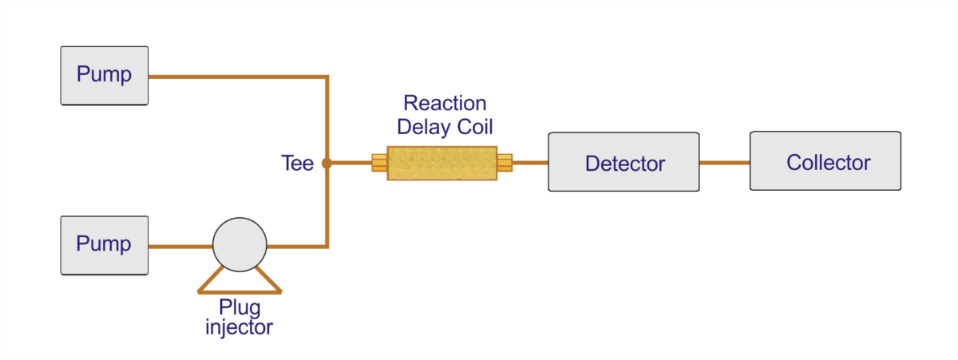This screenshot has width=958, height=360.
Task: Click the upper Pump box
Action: pos(104,75)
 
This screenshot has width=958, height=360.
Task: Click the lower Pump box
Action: pos(104,244)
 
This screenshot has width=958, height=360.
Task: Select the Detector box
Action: pos(623,163)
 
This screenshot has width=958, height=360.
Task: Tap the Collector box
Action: pos(825,161)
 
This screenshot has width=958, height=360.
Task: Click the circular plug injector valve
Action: pos(239,245)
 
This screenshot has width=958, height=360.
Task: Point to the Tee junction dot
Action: pos(327,164)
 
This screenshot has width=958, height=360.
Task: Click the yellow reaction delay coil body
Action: pos(442,163)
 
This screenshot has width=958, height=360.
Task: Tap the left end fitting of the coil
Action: pos(379,163)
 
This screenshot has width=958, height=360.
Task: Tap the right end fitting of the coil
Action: pos(505,163)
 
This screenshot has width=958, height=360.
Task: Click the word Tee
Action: pos(297,164)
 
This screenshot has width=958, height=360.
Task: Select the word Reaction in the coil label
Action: pos(445,104)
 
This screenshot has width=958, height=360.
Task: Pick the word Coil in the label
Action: pos(477,127)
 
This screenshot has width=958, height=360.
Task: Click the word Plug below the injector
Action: pos(239,307)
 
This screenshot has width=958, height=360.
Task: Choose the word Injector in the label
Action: pos(239,326)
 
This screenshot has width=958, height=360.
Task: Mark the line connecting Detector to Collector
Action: pos(724,163)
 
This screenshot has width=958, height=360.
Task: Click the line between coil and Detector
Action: pos(530,163)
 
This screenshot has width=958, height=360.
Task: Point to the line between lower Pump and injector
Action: pos(180,246)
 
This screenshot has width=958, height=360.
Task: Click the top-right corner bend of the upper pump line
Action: pos(327,77)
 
